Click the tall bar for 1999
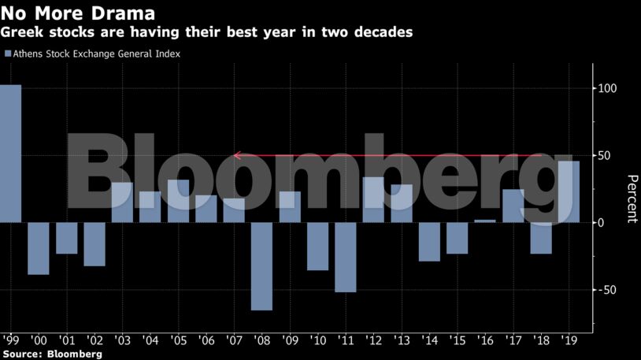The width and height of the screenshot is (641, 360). pyautogui.click(x=10, y=154)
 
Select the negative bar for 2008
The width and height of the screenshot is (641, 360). pyautogui.click(x=261, y=266)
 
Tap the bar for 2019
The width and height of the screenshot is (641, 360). pyautogui.click(x=569, y=192)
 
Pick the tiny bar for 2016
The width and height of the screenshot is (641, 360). pyautogui.click(x=485, y=221)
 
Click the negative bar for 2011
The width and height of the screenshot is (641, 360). pyautogui.click(x=346, y=258)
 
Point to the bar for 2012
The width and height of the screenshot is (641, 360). pyautogui.click(x=373, y=200)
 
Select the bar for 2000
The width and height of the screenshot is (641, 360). pyautogui.click(x=39, y=249)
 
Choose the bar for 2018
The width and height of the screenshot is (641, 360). pyautogui.click(x=541, y=239)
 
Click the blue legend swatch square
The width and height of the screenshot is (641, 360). pyautogui.click(x=8, y=54)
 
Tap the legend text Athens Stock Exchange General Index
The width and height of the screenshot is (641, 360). pyautogui.click(x=97, y=54)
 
